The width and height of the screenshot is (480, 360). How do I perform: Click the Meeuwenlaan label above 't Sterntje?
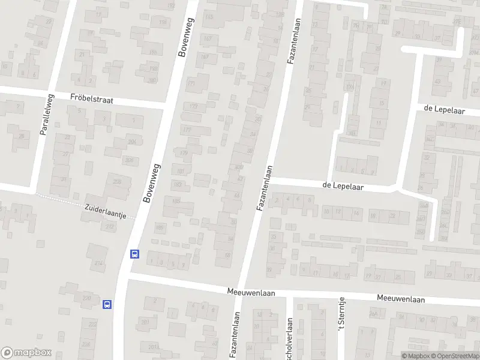(400, 299)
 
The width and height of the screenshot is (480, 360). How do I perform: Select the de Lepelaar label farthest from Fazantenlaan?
(445, 108)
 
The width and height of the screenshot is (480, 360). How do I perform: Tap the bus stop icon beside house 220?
(107, 304)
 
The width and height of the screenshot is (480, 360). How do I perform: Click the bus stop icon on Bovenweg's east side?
(135, 254)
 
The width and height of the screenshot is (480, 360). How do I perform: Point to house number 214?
(98, 263)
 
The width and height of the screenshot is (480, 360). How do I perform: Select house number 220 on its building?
(86, 298)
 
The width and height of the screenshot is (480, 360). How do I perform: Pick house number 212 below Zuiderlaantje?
(109, 227)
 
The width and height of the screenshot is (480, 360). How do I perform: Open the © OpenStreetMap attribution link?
(454, 356)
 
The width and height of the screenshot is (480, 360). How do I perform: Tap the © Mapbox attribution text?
(416, 356)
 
